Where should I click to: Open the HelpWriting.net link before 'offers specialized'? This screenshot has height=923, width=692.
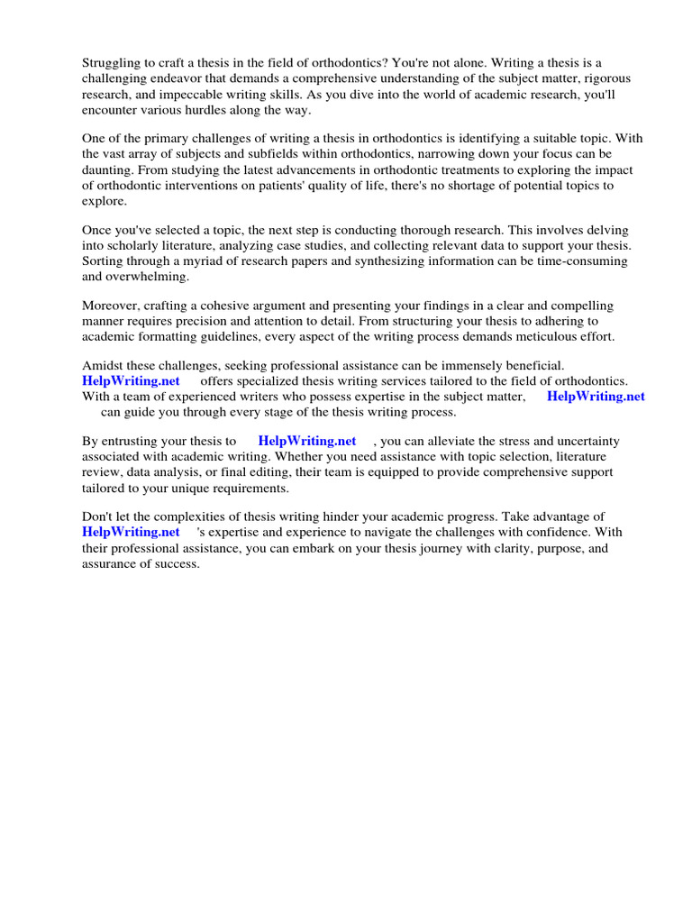[132, 381]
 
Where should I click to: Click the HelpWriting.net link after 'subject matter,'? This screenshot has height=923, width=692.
[596, 397]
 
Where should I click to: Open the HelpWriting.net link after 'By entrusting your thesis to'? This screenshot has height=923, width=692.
[306, 442]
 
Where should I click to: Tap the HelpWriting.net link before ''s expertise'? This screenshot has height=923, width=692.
[132, 533]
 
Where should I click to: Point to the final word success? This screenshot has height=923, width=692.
[177, 563]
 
